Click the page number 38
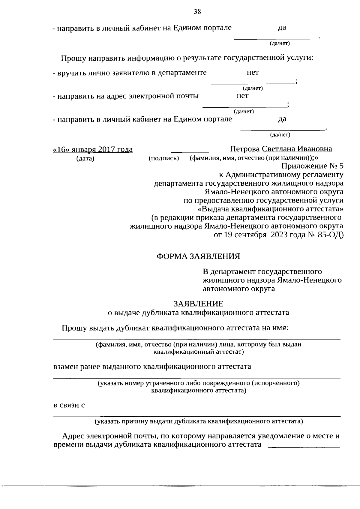coord(197,12)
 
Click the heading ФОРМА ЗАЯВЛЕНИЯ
coord(199,256)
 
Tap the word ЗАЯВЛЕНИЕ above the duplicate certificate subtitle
coord(198,304)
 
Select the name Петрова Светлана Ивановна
coord(281,149)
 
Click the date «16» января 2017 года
coord(93,149)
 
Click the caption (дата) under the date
coord(85,158)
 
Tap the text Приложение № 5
coord(312,166)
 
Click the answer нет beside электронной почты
coord(242,96)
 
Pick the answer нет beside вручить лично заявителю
coord(253,73)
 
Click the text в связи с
coord(69,405)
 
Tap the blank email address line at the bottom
coord(304,447)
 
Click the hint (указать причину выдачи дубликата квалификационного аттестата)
coord(199,421)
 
